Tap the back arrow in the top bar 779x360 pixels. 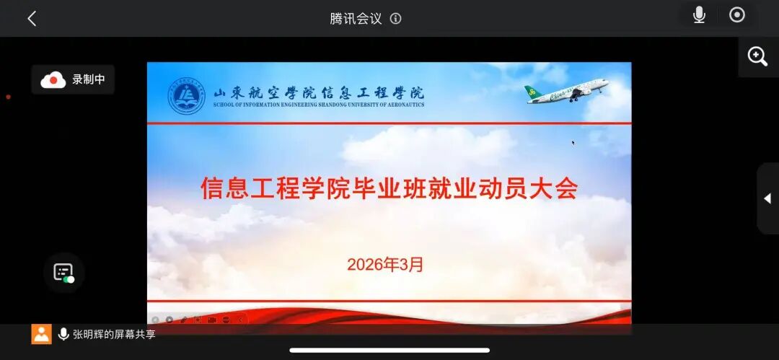32,19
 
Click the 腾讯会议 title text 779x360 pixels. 356,19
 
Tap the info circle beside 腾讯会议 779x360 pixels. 395,19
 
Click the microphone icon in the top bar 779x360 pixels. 699,15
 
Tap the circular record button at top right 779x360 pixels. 737,15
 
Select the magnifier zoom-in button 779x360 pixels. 757,56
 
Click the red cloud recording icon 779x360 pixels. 53,80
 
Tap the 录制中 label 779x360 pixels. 88,80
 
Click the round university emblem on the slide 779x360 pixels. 187,96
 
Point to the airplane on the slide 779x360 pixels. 567,92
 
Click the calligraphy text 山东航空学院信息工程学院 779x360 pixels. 319,92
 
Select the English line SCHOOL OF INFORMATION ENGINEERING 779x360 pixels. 319,105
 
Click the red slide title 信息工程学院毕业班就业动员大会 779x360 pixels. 389,188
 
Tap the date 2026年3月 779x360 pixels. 385,265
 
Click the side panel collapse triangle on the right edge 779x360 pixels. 767,198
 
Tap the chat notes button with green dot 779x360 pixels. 63,273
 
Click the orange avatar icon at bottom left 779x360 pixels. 41,334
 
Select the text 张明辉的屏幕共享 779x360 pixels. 114,334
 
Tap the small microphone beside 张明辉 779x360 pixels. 63,334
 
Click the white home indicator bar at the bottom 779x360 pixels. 389,351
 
